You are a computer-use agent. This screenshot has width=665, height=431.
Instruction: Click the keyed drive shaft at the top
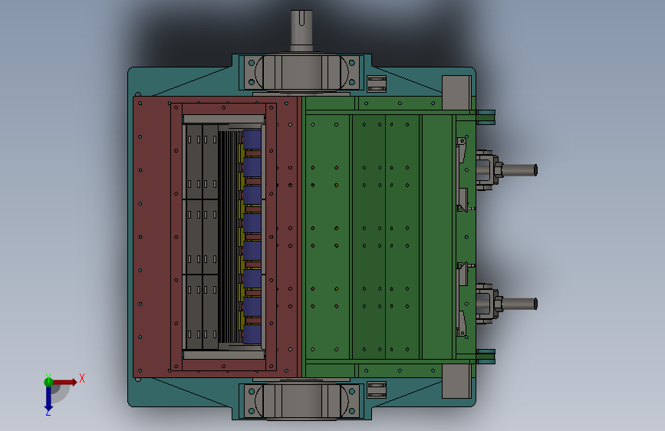(301, 31)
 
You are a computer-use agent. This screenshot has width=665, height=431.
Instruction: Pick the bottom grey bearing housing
(301, 400)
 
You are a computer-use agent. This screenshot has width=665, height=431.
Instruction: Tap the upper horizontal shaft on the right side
(519, 170)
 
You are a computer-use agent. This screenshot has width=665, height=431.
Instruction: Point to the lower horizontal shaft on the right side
(519, 304)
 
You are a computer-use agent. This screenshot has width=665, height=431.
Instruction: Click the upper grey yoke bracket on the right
(488, 169)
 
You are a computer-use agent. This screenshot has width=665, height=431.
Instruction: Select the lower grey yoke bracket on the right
(488, 304)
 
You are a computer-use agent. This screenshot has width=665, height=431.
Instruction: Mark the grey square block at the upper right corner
(456, 93)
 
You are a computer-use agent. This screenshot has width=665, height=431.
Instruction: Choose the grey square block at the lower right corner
(456, 381)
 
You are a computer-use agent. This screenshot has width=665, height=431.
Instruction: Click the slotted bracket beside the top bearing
(377, 84)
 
